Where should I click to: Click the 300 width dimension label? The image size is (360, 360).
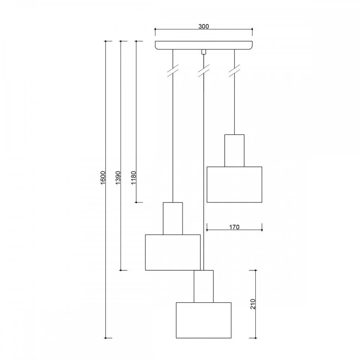(204, 26)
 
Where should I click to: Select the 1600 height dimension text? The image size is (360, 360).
(103, 177)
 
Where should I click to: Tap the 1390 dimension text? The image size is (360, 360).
(118, 177)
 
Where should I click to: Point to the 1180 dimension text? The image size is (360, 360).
(133, 177)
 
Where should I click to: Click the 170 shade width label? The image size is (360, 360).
(234, 227)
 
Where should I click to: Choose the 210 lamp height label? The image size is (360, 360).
(253, 304)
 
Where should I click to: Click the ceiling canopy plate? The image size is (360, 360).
(204, 45)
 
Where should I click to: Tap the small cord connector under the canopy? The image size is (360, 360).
(203, 52)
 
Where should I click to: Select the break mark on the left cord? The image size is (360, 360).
(173, 71)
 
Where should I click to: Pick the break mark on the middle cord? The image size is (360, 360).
(204, 71)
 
